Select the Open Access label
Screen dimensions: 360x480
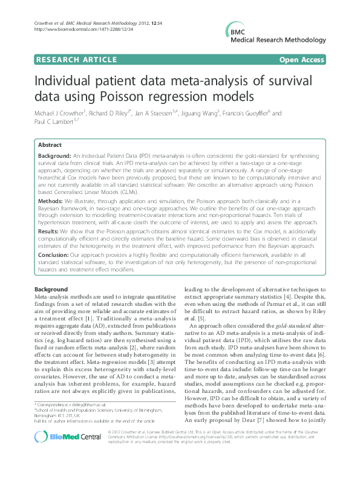[302, 60]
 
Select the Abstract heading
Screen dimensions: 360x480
[50, 145]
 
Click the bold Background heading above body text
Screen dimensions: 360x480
[51, 290]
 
